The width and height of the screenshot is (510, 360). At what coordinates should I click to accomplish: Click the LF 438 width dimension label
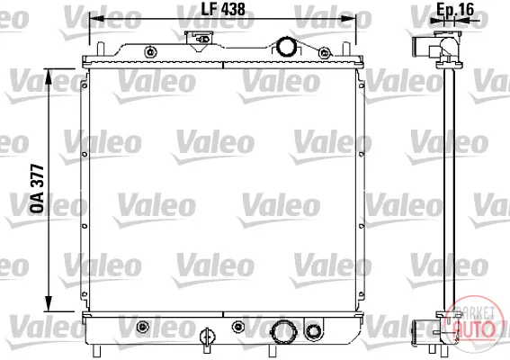click(x=223, y=9)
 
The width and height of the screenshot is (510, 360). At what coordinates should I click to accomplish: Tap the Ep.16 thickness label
click(x=455, y=9)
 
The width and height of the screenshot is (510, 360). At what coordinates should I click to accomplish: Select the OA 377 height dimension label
click(x=37, y=189)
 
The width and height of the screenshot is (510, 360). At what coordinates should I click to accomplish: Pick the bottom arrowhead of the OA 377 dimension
click(x=49, y=303)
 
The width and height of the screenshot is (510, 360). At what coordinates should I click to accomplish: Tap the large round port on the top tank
click(x=286, y=46)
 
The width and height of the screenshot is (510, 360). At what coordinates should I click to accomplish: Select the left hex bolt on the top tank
click(x=150, y=52)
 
